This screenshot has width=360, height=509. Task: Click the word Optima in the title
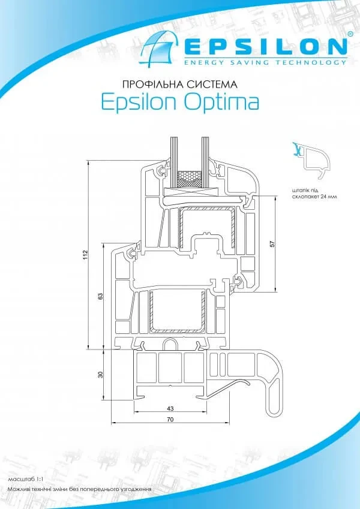pyautogui.click(x=226, y=102)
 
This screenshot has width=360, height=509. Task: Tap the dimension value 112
pyautogui.click(x=86, y=254)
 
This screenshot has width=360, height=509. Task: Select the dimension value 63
pyautogui.click(x=101, y=296)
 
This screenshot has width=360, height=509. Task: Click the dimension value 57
pyautogui.click(x=271, y=245)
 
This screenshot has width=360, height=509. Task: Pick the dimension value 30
pyautogui.click(x=101, y=375)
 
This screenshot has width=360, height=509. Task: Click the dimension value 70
pyautogui.click(x=170, y=420)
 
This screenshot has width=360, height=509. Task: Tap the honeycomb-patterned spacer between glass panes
pyautogui.click(x=189, y=179)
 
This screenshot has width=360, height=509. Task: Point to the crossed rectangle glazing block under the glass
pyautogui.click(x=190, y=192)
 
